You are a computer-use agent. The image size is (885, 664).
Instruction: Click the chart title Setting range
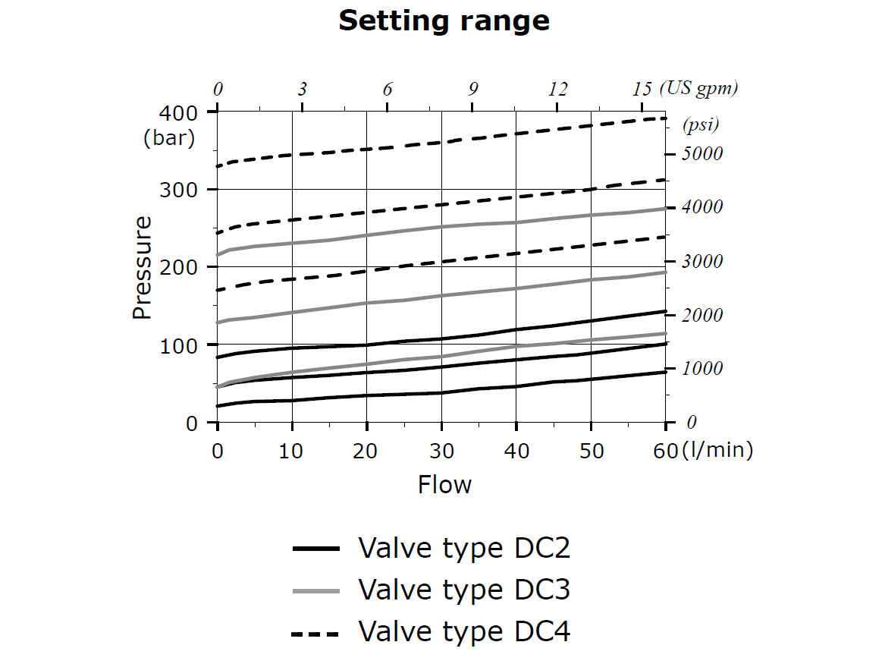(x=444, y=20)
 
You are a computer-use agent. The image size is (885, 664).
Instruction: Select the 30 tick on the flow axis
(x=441, y=451)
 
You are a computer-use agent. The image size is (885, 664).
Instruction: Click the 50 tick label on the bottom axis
(x=592, y=451)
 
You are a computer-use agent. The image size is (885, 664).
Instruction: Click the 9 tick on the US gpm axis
(x=473, y=89)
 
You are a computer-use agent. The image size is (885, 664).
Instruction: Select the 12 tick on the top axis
(x=557, y=89)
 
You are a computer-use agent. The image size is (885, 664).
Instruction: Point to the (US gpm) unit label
(x=698, y=88)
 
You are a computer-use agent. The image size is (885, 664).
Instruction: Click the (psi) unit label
(x=701, y=124)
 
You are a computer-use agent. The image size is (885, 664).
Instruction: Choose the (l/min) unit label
(x=717, y=451)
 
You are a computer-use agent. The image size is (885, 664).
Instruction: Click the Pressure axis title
(x=142, y=268)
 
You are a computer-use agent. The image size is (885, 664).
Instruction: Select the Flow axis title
(x=444, y=485)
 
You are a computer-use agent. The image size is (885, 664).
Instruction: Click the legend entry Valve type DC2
(x=463, y=548)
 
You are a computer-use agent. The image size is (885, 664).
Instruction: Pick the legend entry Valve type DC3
(x=463, y=590)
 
